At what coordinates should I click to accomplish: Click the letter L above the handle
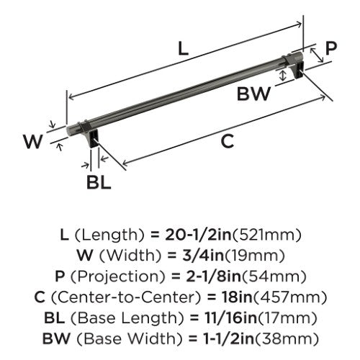(184, 49)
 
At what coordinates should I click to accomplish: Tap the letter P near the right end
(331, 48)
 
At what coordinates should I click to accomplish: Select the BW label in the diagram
(254, 94)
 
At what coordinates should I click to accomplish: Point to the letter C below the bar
(228, 141)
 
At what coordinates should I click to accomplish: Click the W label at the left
(33, 141)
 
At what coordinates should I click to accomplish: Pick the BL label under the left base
(99, 182)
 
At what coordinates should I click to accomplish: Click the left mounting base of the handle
(92, 138)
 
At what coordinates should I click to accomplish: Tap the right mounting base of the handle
(298, 69)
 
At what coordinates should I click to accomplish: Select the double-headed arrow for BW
(283, 76)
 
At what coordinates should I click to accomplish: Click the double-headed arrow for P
(316, 55)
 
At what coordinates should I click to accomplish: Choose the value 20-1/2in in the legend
(198, 235)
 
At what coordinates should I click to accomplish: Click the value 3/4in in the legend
(203, 256)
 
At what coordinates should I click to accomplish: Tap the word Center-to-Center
(125, 297)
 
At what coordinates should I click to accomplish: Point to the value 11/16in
(231, 318)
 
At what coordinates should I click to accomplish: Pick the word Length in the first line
(109, 235)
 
